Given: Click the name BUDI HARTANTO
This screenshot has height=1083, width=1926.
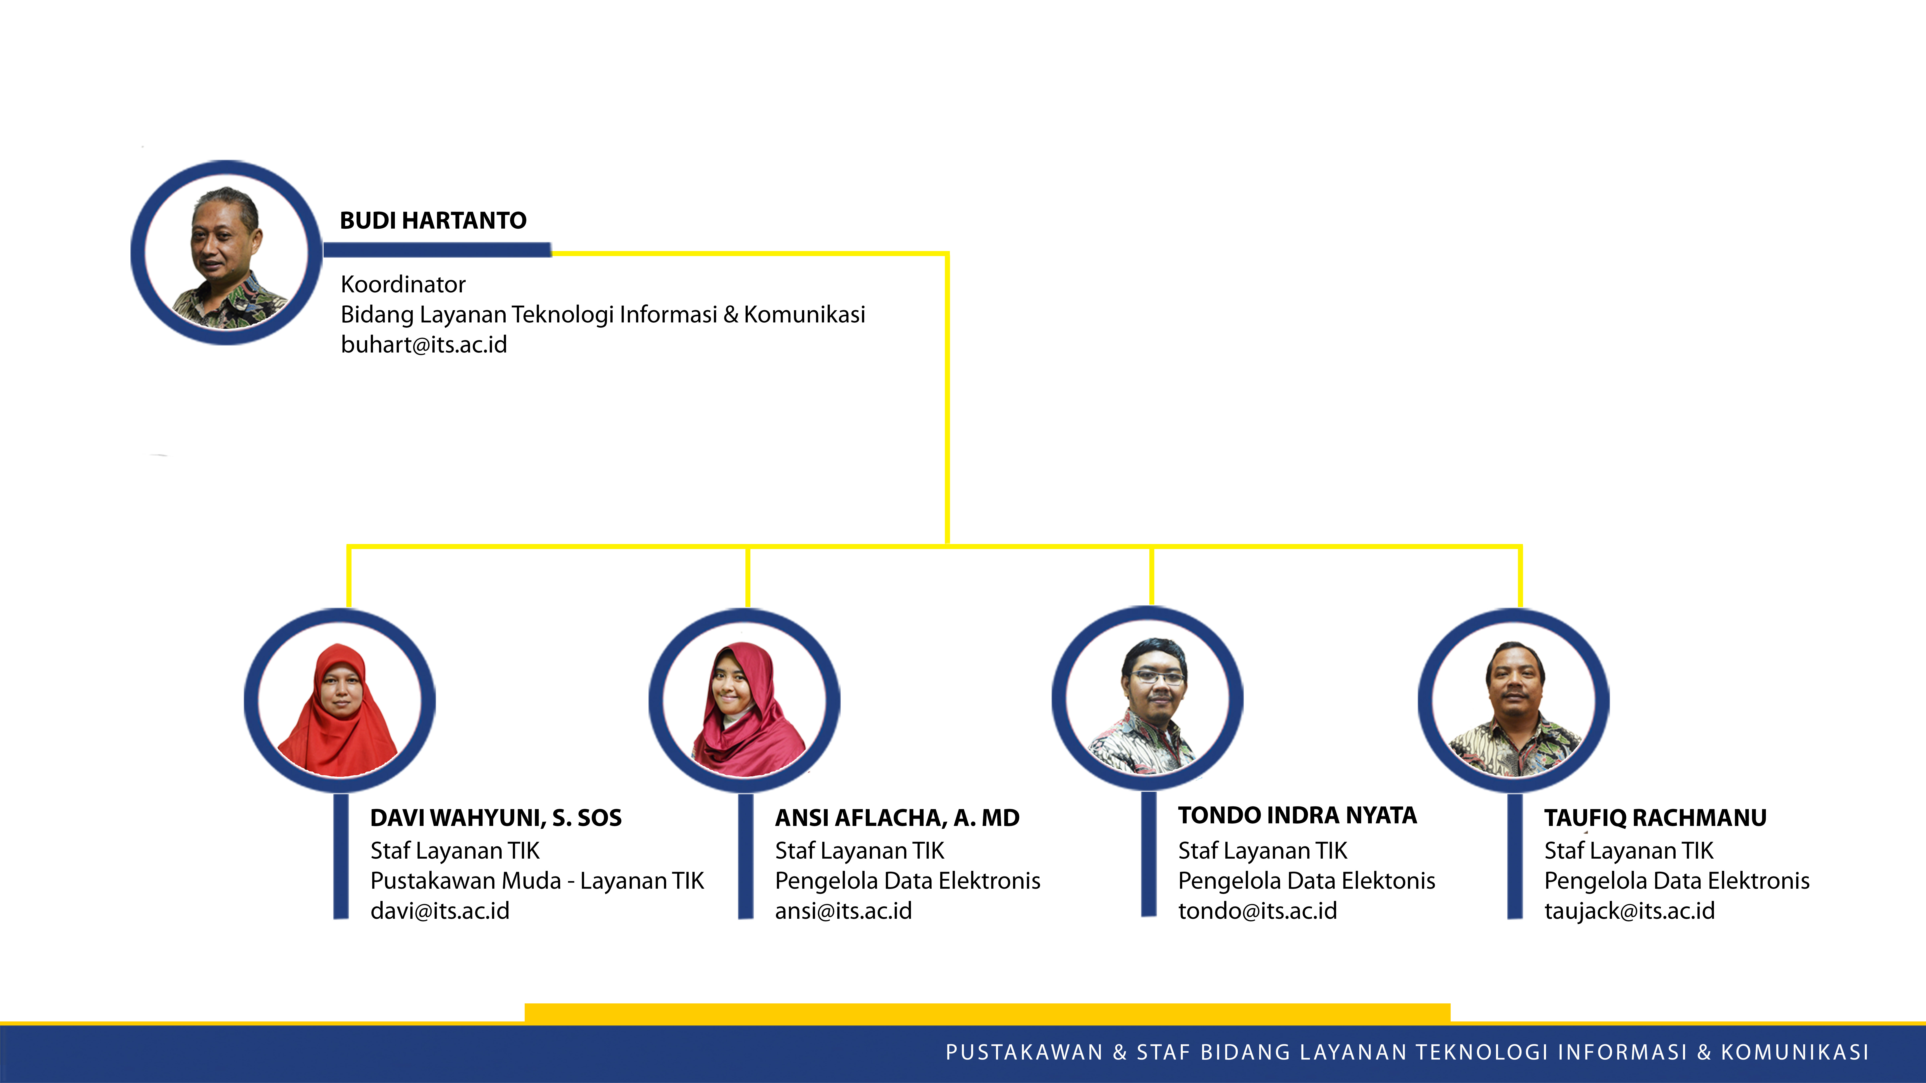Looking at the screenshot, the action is pyautogui.click(x=433, y=221).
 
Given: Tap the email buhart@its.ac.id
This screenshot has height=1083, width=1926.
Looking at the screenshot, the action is pyautogui.click(x=424, y=344).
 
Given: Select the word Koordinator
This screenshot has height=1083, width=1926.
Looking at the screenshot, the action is pyautogui.click(x=403, y=284).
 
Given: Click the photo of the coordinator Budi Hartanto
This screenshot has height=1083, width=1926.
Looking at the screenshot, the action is pyautogui.click(x=227, y=253).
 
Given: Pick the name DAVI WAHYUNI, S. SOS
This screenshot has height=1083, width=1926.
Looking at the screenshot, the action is pyautogui.click(x=496, y=818).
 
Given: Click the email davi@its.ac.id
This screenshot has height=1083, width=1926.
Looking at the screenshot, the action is pyautogui.click(x=440, y=910).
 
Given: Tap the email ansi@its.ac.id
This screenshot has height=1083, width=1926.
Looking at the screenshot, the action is pyautogui.click(x=843, y=910).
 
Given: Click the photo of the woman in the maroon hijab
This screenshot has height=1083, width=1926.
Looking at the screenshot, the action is pyautogui.click(x=745, y=700).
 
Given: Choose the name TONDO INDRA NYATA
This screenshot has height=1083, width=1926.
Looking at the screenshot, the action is pyautogui.click(x=1297, y=815).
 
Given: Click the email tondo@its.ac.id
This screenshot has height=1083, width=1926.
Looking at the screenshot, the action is pyautogui.click(x=1258, y=910).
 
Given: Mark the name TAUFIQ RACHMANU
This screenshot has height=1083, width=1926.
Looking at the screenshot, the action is pyautogui.click(x=1655, y=818).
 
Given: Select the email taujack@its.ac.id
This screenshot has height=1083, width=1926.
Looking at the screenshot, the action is pyautogui.click(x=1630, y=910).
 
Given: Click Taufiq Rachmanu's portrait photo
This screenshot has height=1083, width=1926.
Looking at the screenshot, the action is pyautogui.click(x=1514, y=700).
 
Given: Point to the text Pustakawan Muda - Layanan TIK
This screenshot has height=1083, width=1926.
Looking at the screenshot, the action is pyautogui.click(x=537, y=880).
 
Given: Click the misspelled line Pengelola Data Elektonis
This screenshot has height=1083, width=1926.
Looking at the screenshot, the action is pyautogui.click(x=1306, y=880).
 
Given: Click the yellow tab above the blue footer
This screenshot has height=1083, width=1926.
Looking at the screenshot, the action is pyautogui.click(x=987, y=1013).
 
